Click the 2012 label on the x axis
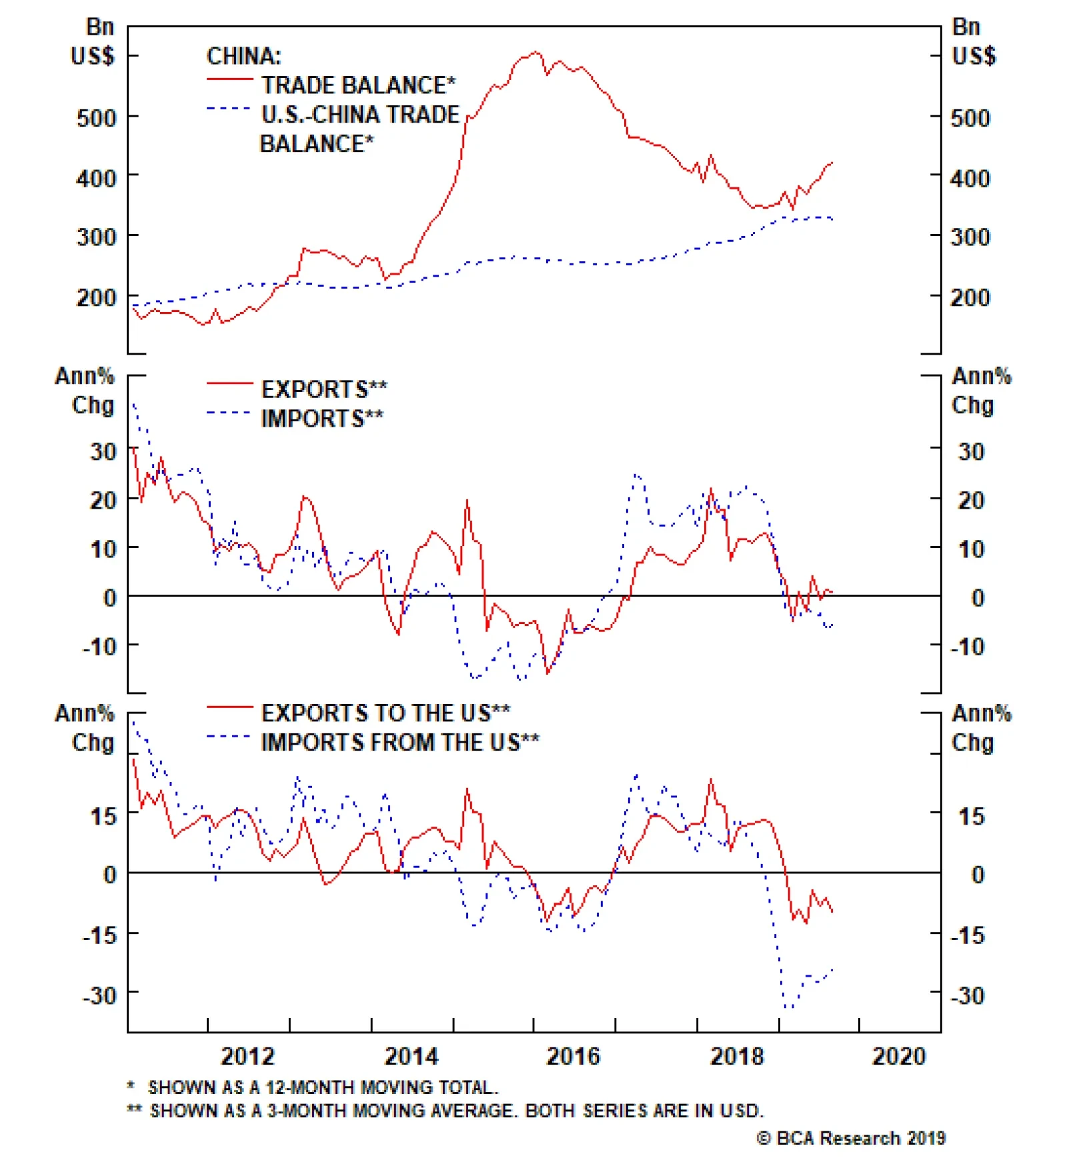point(247,1057)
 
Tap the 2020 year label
point(898,1057)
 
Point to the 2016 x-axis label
point(573,1057)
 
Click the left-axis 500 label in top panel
point(96,118)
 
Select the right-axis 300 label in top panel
point(970,237)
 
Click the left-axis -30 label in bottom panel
point(99,995)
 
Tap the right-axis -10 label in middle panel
point(967,646)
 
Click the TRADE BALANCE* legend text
point(358,85)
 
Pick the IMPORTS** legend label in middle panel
point(322,419)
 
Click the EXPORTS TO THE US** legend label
point(385,713)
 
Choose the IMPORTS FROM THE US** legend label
point(400,742)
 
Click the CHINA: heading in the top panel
point(243,56)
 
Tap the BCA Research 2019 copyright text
point(850,1138)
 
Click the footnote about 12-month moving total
point(313,1087)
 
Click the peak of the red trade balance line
point(536,52)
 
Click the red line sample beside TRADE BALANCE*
point(229,79)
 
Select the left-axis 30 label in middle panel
point(103,451)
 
